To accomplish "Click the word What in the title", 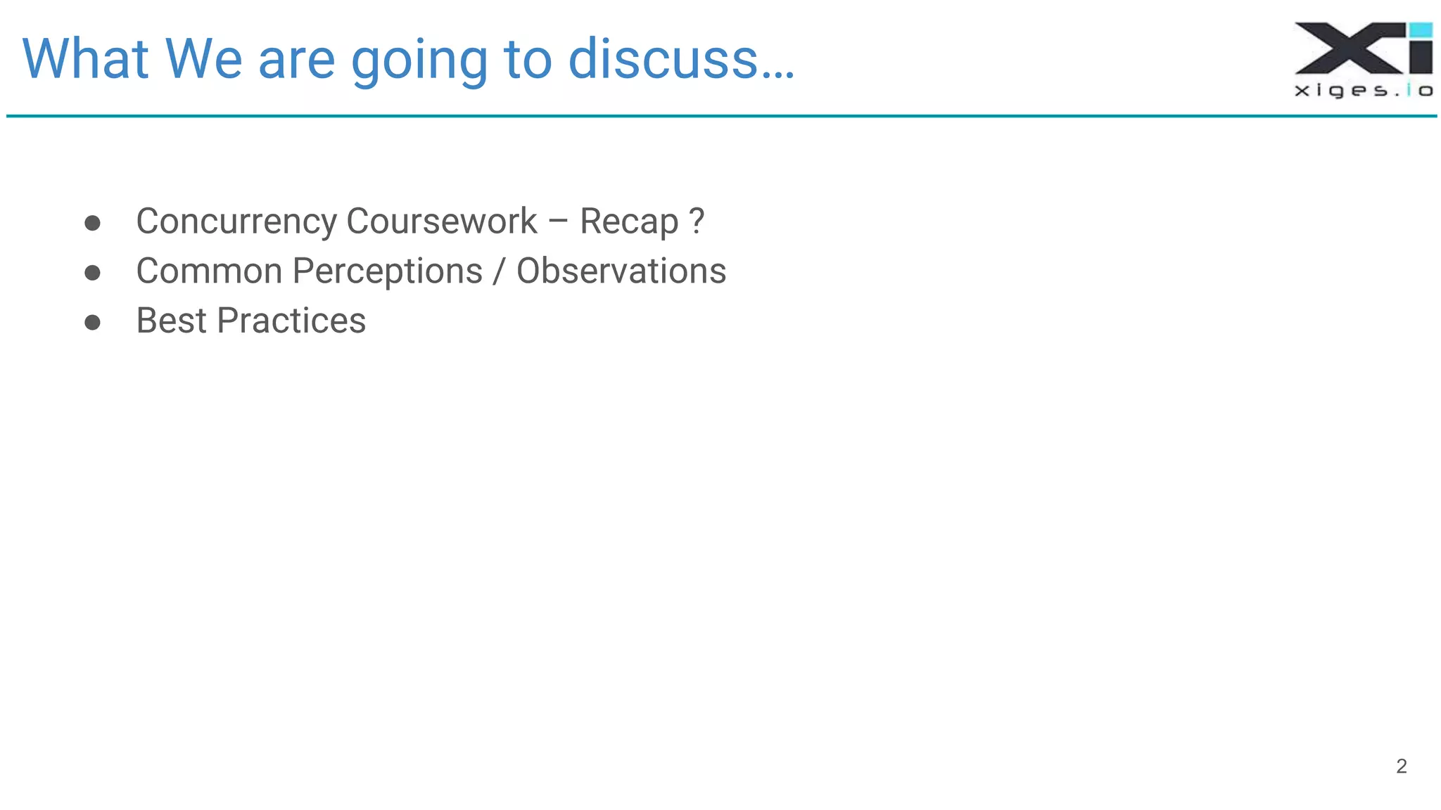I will click(85, 59).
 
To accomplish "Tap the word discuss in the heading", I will click(663, 59).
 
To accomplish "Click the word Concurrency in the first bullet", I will click(236, 222).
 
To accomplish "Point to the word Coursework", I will click(441, 222).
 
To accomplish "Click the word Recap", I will click(629, 222).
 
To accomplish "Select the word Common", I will click(209, 271).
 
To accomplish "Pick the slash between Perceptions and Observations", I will click(499, 272).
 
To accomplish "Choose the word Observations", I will click(621, 271).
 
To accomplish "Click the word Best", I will click(171, 321).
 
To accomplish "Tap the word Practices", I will click(291, 321).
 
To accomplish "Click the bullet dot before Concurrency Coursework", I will click(92, 224).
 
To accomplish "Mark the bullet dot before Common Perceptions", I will click(92, 273).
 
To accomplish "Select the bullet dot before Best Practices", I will click(92, 323).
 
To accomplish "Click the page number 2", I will click(1401, 766).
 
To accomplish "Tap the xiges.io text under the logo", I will click(1363, 91).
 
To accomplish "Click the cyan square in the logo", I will click(1421, 30).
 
